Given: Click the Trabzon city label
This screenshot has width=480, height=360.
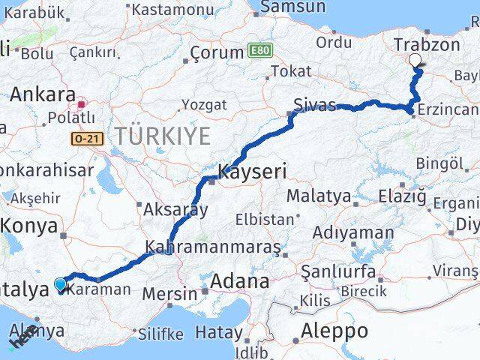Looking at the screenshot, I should coord(427,44).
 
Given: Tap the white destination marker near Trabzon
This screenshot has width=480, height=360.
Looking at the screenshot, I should coord(415,61).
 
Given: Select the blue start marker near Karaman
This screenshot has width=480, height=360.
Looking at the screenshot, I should coord(61,284).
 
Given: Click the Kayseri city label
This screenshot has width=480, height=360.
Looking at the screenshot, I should coord(251,172).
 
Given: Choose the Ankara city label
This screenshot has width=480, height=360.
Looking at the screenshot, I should coord(43,95).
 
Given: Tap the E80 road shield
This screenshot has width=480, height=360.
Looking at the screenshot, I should coord(259,51).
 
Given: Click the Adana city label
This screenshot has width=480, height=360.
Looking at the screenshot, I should coord(240,282).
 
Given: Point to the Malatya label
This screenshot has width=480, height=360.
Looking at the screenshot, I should coord(318,196).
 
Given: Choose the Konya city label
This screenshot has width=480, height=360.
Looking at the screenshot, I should coord(28,225).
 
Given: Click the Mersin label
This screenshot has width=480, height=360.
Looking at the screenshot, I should coord(174,292).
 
